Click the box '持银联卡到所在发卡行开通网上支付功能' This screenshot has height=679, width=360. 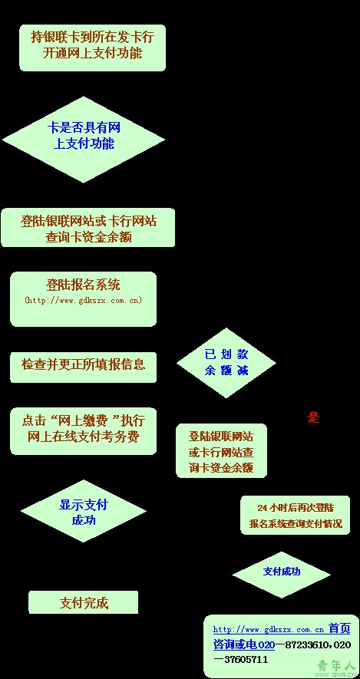coord(92,48)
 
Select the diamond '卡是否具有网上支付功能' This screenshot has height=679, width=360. coord(84,140)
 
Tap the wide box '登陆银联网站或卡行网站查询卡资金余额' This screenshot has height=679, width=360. coord(88,228)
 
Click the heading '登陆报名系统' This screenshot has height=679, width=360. coord(83,285)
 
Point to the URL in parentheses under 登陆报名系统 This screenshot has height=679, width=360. coord(83,300)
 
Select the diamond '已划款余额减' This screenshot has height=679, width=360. coord(226,363)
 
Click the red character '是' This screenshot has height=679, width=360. coord(313,418)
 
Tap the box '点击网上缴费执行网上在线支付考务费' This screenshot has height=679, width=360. coord(83,431)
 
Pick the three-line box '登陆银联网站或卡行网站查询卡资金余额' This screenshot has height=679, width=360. coord(221,451)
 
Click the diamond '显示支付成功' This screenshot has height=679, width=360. coord(84,511)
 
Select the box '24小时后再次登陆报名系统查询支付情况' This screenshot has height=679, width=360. coord(295,515)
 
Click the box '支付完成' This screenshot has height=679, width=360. coord(83,602)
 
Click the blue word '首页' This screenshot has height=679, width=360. coord(339,628)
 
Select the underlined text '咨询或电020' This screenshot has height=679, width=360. coord(244,644)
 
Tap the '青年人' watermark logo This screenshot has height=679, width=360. coord(335,667)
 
